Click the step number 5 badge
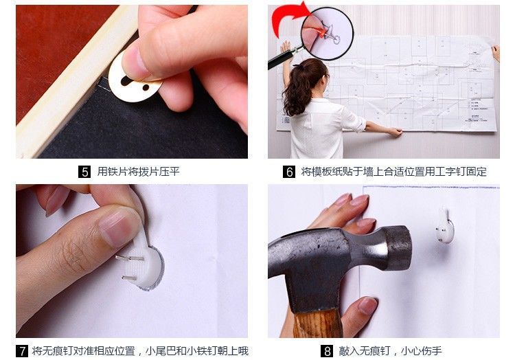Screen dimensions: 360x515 tap(84, 172)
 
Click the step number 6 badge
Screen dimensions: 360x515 tap(289, 172)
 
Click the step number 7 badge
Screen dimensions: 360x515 tap(22, 351)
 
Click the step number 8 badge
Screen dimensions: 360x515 tap(329, 351)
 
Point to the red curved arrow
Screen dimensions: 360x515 tap(289, 17)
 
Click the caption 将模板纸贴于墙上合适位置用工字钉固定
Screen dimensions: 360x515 tap(393, 172)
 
